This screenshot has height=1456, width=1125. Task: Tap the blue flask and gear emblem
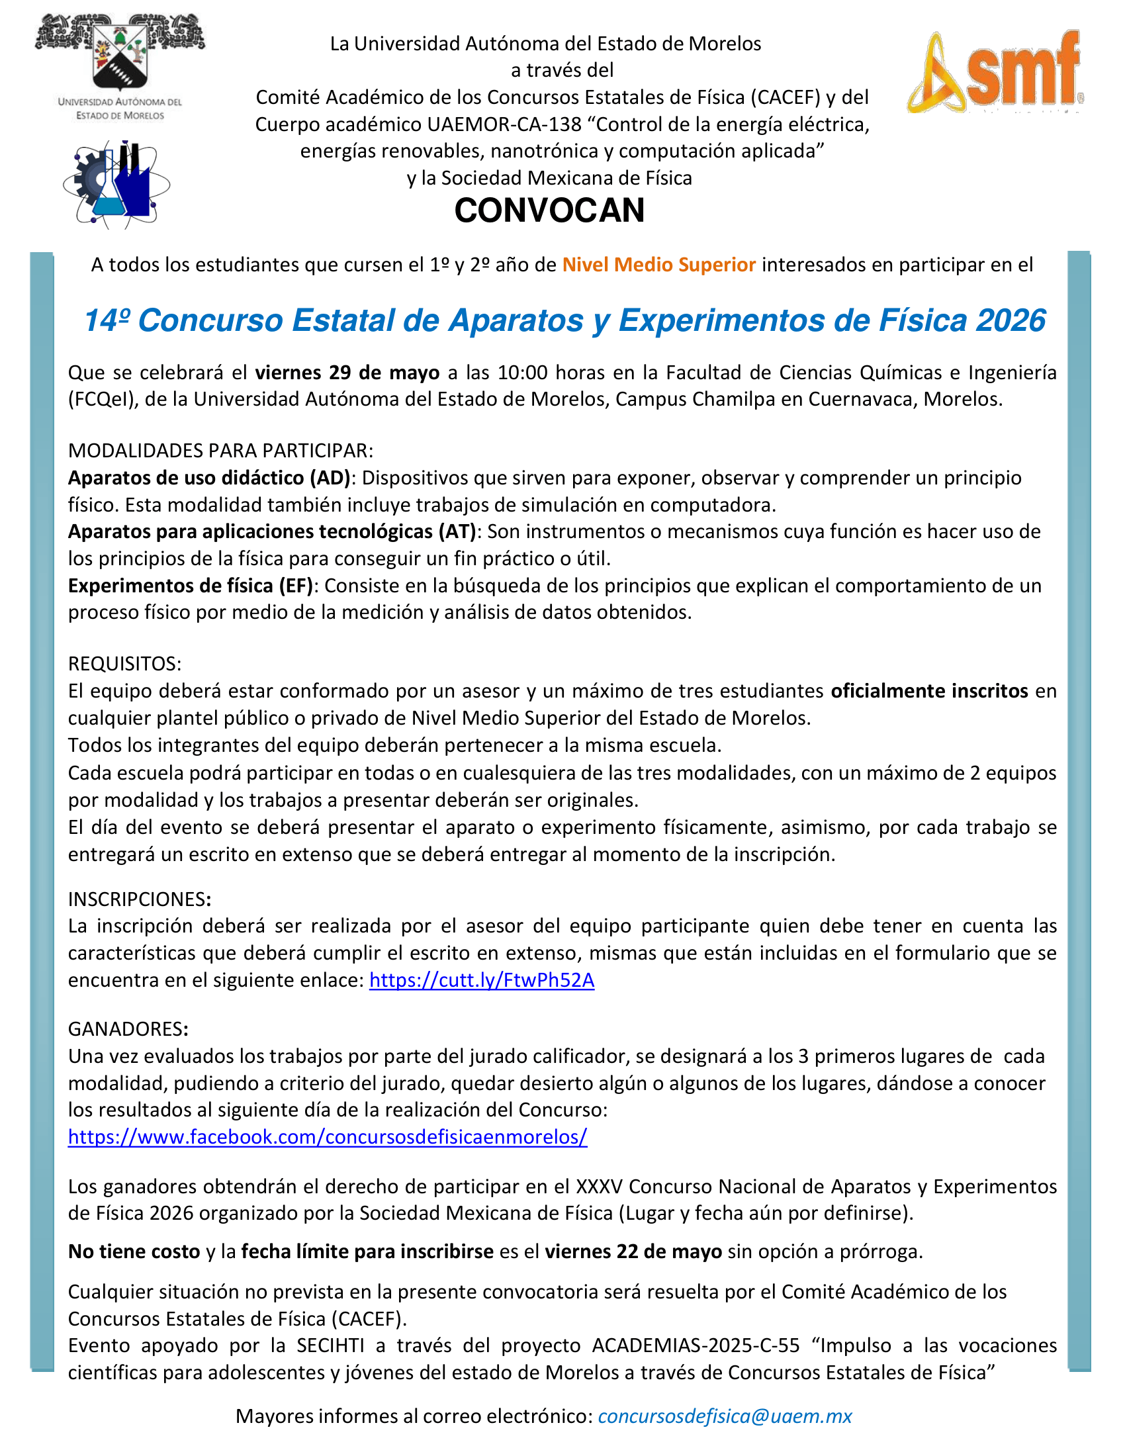click(116, 185)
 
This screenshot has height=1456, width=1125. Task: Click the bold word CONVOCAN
click(549, 210)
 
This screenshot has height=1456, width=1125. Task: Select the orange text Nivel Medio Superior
click(658, 265)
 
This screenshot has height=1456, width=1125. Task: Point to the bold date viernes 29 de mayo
click(347, 372)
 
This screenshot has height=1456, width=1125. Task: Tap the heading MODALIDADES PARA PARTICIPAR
click(220, 451)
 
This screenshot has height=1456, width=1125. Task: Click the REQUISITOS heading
click(124, 664)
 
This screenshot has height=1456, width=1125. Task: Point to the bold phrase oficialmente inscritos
click(929, 691)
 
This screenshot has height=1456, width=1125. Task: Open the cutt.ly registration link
click(482, 980)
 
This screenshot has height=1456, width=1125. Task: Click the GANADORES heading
click(128, 1028)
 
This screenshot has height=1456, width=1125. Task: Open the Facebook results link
click(327, 1136)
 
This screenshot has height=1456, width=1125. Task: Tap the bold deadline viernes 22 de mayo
click(633, 1251)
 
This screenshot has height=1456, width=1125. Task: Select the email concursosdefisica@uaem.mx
click(725, 1416)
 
